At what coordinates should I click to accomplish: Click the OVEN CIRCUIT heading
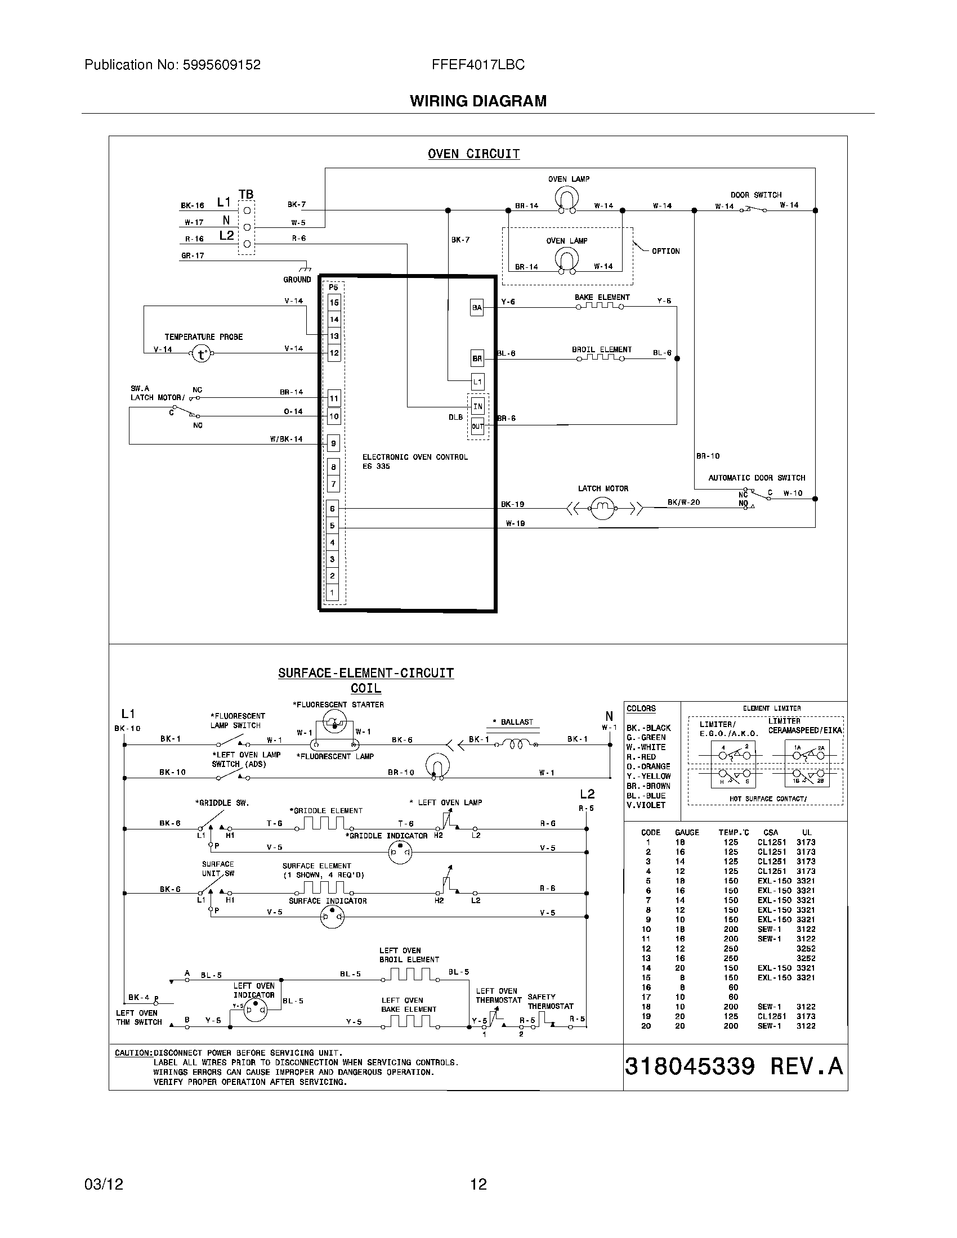click(473, 154)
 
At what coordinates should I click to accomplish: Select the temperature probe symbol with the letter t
click(202, 355)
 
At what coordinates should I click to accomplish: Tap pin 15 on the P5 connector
click(334, 303)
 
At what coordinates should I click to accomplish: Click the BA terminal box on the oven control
click(477, 308)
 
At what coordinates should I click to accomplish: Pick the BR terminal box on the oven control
click(477, 358)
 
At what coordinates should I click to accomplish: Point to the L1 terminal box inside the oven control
click(477, 382)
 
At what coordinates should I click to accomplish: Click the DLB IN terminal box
click(477, 406)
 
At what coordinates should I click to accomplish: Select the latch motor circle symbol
click(602, 508)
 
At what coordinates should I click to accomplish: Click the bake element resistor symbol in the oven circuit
click(601, 306)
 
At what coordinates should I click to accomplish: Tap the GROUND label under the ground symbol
click(297, 280)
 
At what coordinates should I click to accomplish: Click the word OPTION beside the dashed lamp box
click(665, 251)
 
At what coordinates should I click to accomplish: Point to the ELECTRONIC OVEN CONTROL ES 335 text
click(414, 461)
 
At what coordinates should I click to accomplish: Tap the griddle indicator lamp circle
click(400, 852)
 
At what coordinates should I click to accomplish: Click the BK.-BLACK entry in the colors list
click(648, 728)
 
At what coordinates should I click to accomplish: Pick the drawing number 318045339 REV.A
click(734, 1067)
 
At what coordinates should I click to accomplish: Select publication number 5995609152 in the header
click(221, 65)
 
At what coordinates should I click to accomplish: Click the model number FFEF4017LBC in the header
click(478, 65)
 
